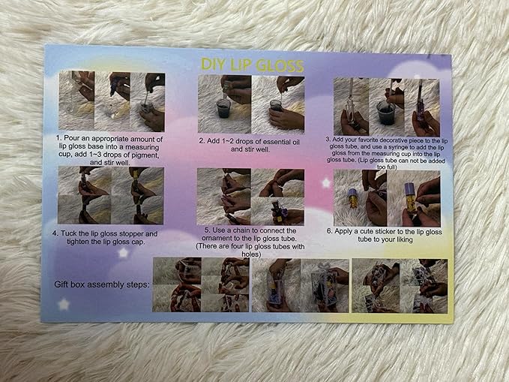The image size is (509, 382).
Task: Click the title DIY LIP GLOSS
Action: [x=252, y=65]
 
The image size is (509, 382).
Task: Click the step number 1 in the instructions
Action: [x=58, y=139]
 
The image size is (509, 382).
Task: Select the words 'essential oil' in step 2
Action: [x=281, y=142]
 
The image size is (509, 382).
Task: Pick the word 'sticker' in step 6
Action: [x=385, y=232]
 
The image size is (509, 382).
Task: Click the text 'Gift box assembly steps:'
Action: [x=102, y=284]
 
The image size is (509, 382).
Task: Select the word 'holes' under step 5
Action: [x=250, y=254]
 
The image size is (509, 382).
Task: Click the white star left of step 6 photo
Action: [x=326, y=183]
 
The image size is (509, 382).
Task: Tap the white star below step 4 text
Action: [x=123, y=252]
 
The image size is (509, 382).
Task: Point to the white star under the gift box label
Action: [x=64, y=305]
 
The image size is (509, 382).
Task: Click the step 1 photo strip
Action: [x=112, y=101]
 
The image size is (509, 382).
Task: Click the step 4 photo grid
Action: [x=111, y=195]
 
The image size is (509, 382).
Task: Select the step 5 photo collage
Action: [x=250, y=197]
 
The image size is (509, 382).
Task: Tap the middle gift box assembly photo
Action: [x=301, y=285]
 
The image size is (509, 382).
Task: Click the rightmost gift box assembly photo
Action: [x=400, y=286]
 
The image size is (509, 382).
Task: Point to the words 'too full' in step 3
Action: [x=387, y=167]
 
